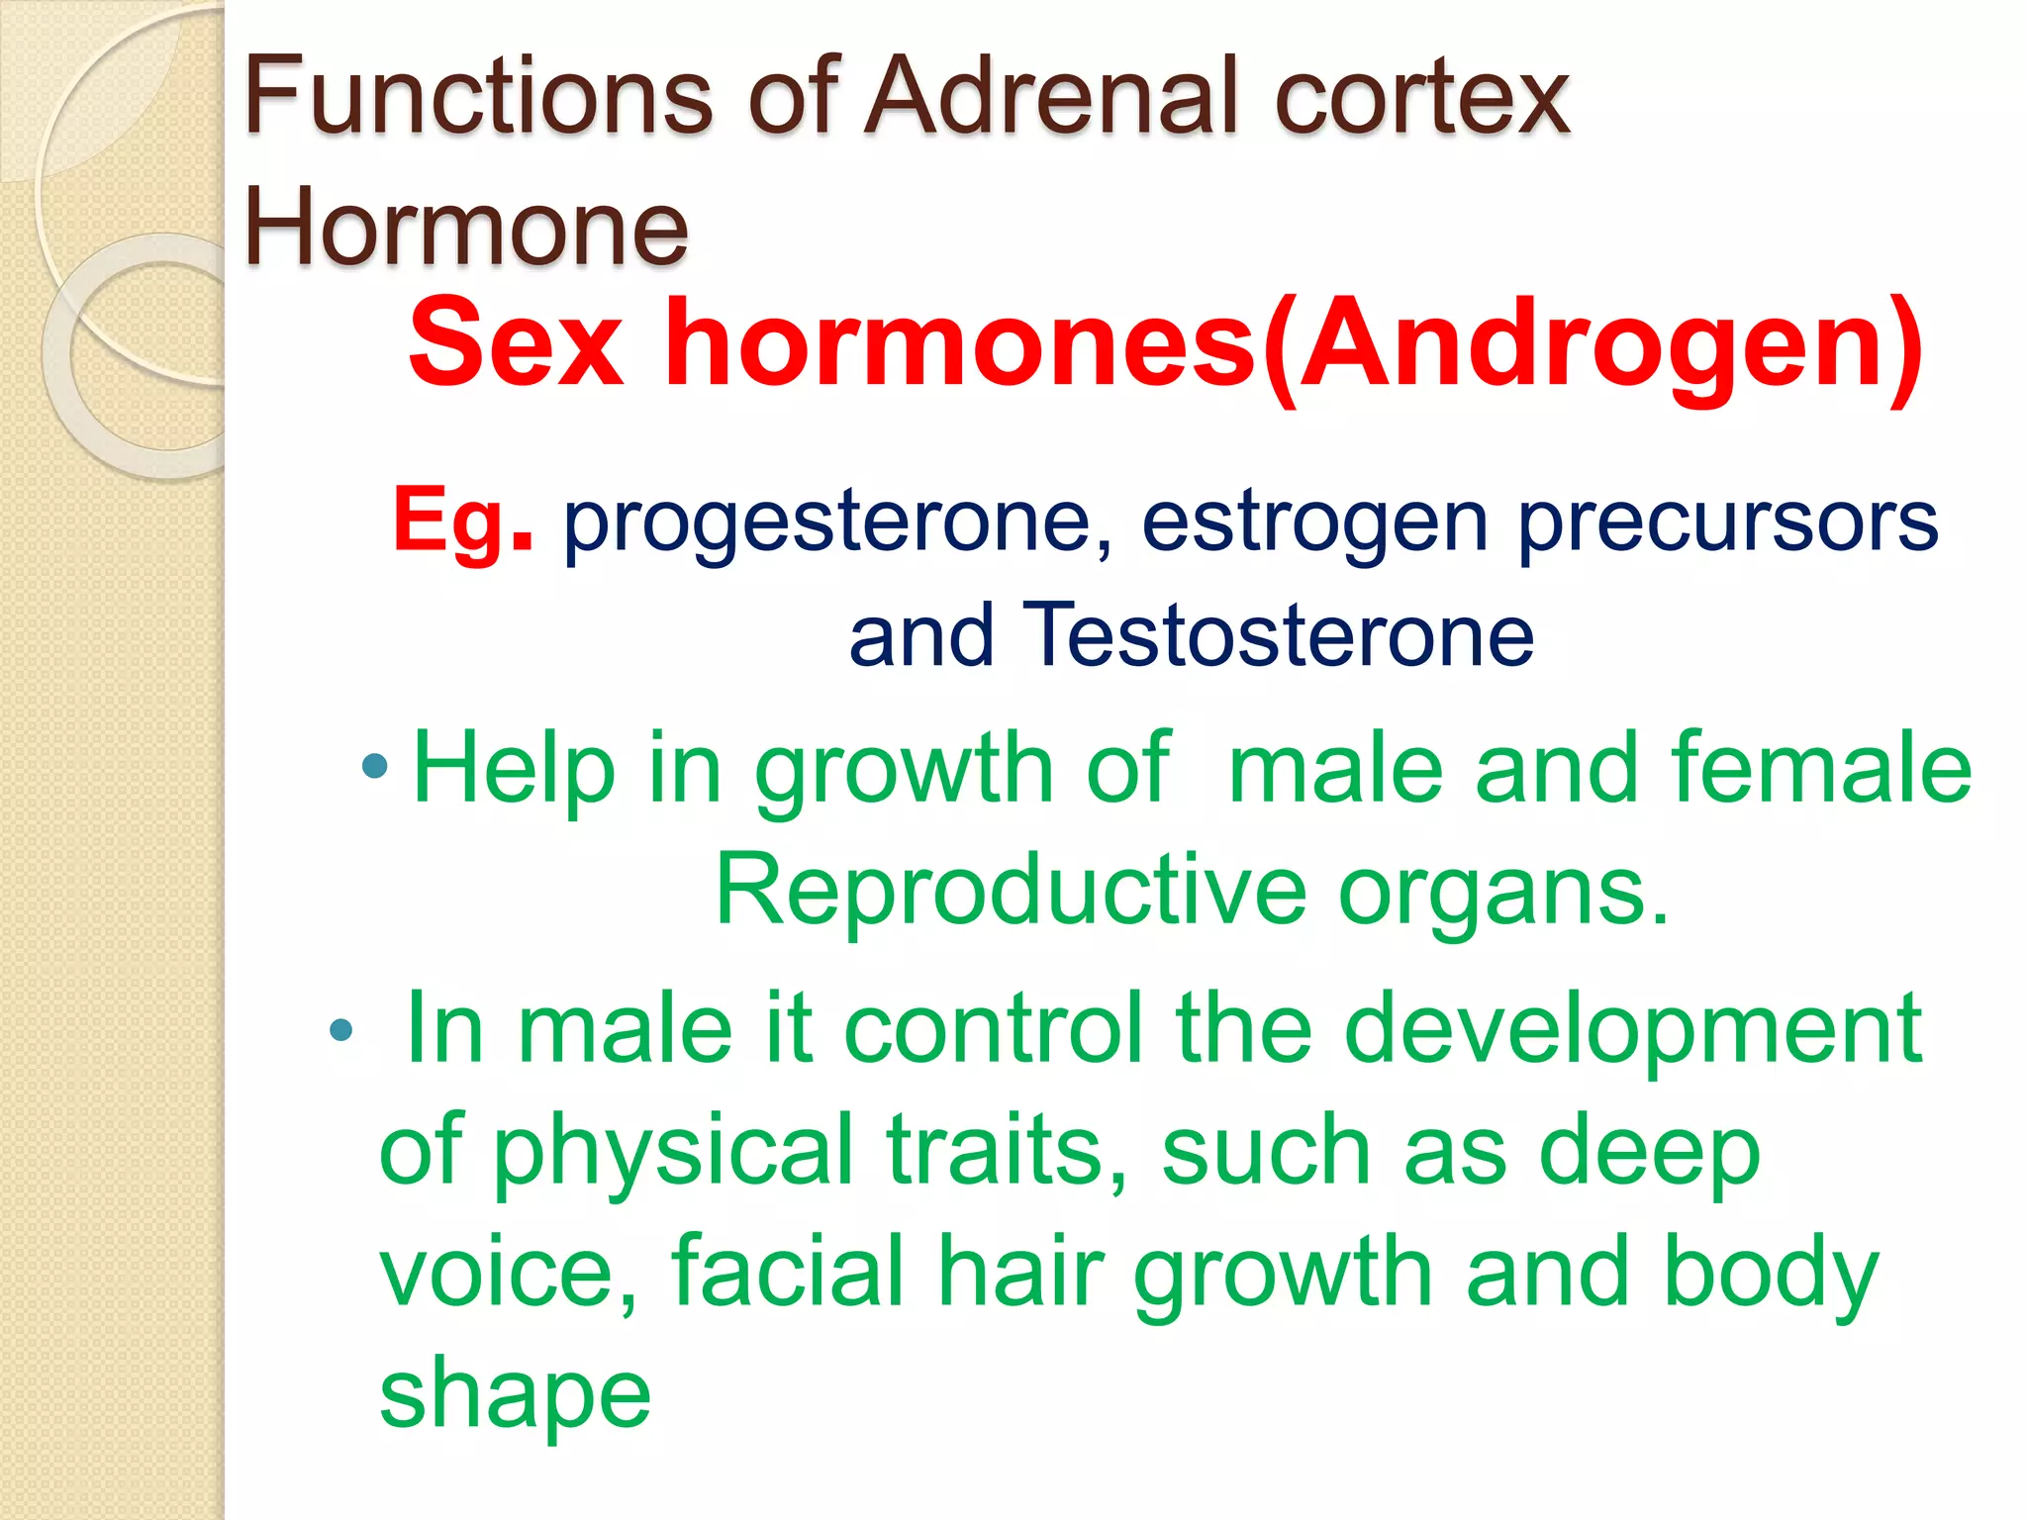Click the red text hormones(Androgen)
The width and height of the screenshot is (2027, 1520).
1293,344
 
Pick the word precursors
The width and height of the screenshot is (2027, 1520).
1727,522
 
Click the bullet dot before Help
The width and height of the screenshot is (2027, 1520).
375,765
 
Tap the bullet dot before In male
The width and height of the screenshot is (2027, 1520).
340,1031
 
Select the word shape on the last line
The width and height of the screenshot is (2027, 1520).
515,1396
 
